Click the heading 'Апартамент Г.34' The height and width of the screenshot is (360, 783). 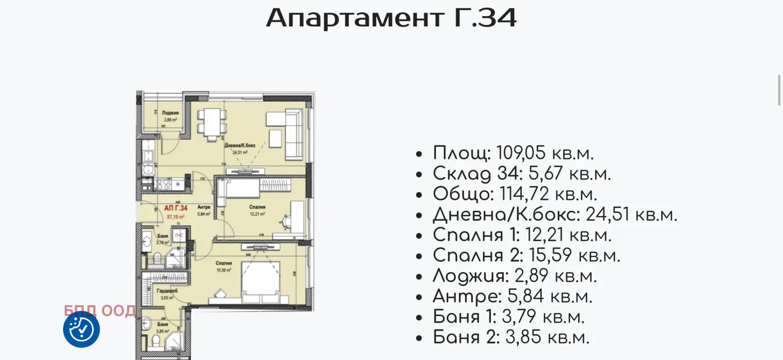pos(391,18)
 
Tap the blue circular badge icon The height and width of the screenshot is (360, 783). pos(81,329)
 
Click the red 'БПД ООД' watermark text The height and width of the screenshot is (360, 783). pos(100,311)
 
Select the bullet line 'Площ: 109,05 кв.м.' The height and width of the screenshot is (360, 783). pos(513,153)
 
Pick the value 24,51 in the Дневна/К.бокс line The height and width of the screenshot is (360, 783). pos(607,215)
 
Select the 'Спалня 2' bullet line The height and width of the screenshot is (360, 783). pos(526,255)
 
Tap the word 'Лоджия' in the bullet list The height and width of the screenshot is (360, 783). pos(470,276)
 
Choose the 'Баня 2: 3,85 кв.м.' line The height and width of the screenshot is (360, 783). pos(511,337)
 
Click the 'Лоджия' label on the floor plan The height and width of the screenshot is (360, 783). pos(170,113)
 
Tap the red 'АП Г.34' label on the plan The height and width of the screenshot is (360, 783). pos(175,208)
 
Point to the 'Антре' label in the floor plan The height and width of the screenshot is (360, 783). pos(204,207)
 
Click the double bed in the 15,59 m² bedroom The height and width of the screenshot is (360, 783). pos(261,283)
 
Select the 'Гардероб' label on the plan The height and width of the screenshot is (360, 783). pos(167,291)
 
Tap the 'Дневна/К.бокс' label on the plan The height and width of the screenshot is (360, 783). pos(240,145)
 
